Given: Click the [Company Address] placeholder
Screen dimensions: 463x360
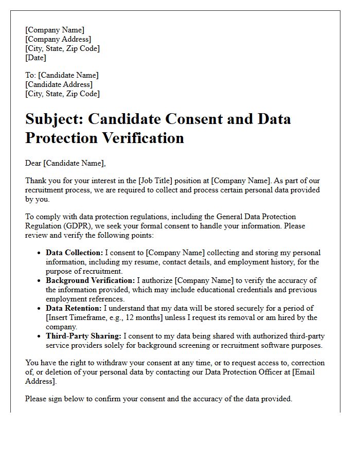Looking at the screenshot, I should [x=58, y=39].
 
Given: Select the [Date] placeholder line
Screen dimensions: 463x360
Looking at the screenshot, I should [x=36, y=58].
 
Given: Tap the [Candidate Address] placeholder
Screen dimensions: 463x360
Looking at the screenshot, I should [x=59, y=84].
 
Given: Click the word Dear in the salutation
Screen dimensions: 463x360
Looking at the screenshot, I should [x=33, y=163].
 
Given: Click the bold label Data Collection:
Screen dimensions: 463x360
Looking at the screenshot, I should [x=74, y=253].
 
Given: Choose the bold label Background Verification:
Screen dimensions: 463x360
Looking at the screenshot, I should [x=90, y=280].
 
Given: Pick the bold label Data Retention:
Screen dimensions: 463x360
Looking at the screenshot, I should [x=74, y=308].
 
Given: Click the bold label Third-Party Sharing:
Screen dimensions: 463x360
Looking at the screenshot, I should [x=83, y=336].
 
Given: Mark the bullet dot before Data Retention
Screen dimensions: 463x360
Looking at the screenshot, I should [x=40, y=309].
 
